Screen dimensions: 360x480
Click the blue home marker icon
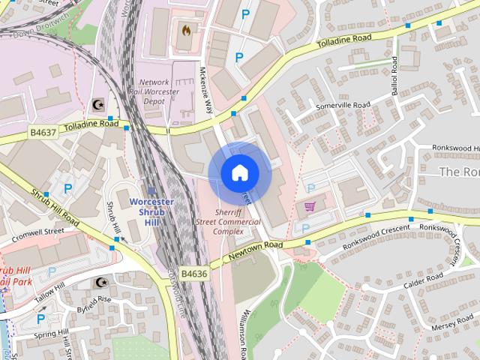[x=239, y=172]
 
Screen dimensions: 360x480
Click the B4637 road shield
[x=43, y=132]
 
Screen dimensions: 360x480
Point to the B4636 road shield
[x=193, y=274]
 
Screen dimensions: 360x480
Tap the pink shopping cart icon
[x=309, y=205]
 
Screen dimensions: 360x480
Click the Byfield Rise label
[x=94, y=304]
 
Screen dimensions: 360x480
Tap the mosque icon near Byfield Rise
[x=100, y=283]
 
